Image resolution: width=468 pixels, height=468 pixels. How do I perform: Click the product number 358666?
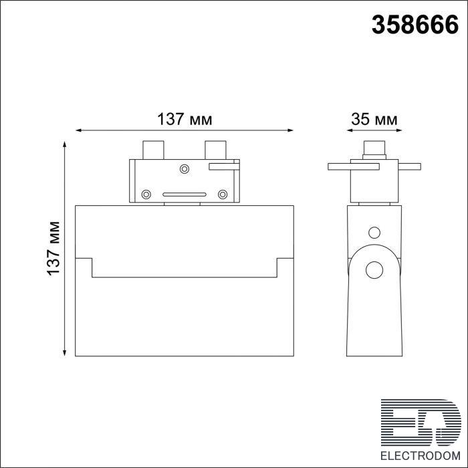coord(415,25)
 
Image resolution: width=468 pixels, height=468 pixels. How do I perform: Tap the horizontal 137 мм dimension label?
coord(185,120)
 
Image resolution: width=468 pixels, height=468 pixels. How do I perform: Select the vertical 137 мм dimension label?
coord(54,248)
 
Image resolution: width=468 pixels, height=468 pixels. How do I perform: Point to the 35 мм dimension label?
coord(374,120)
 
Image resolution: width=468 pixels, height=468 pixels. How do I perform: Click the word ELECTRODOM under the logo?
coord(421,456)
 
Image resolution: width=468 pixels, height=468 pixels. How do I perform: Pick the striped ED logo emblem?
coord(421,423)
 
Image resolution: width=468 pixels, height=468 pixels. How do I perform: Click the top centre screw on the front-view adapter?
coord(185,169)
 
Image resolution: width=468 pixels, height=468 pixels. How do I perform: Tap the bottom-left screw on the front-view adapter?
coord(146,195)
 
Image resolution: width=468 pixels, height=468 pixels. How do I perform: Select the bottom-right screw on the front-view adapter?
coord(223,195)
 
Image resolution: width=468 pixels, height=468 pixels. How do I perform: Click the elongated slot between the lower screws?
coord(185,195)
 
